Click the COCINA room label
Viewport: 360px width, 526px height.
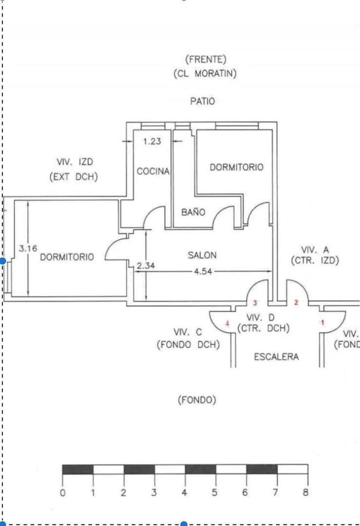[x=153, y=171]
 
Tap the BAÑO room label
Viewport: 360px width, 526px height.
[x=193, y=212]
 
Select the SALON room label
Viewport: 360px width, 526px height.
[x=202, y=255]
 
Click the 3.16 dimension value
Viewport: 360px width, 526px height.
[x=28, y=248]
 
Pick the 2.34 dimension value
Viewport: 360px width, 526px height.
[x=146, y=265]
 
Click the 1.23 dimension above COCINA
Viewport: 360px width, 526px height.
[x=152, y=142]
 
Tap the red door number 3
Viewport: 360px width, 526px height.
[x=255, y=303]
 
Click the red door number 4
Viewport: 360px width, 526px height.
[x=227, y=323]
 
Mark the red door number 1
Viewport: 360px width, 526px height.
[x=322, y=322]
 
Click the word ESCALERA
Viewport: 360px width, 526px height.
[x=276, y=357]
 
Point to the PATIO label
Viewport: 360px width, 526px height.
[x=202, y=101]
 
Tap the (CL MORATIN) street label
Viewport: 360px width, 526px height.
[x=205, y=74]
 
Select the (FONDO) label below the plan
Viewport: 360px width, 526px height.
[x=197, y=400]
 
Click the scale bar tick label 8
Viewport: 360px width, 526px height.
[x=305, y=492]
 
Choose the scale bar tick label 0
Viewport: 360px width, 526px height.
[x=63, y=492]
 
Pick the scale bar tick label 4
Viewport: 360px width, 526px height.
[x=184, y=492]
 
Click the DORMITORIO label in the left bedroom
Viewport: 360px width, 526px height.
[x=67, y=257]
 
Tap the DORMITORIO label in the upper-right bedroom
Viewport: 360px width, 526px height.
[x=236, y=167]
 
